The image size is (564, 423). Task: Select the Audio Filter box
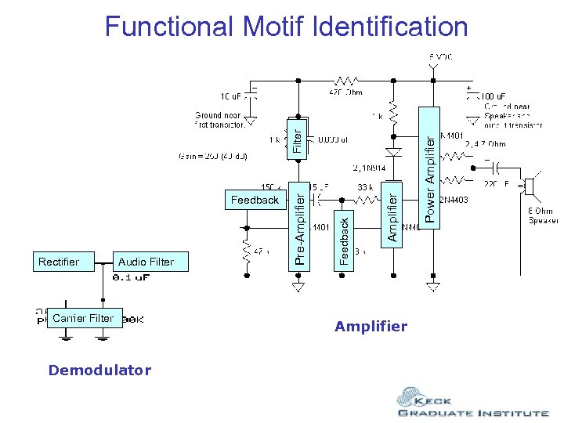point(146,262)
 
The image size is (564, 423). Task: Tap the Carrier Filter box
point(84,318)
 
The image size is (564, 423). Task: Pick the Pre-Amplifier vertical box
point(298,224)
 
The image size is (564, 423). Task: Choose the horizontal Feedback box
point(255,200)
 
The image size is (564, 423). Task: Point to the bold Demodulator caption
point(99,371)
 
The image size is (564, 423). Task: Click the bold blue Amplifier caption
point(371,327)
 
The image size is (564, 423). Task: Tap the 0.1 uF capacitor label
point(132,277)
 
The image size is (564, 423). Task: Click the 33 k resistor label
point(366,188)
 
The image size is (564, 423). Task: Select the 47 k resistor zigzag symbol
point(248,251)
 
